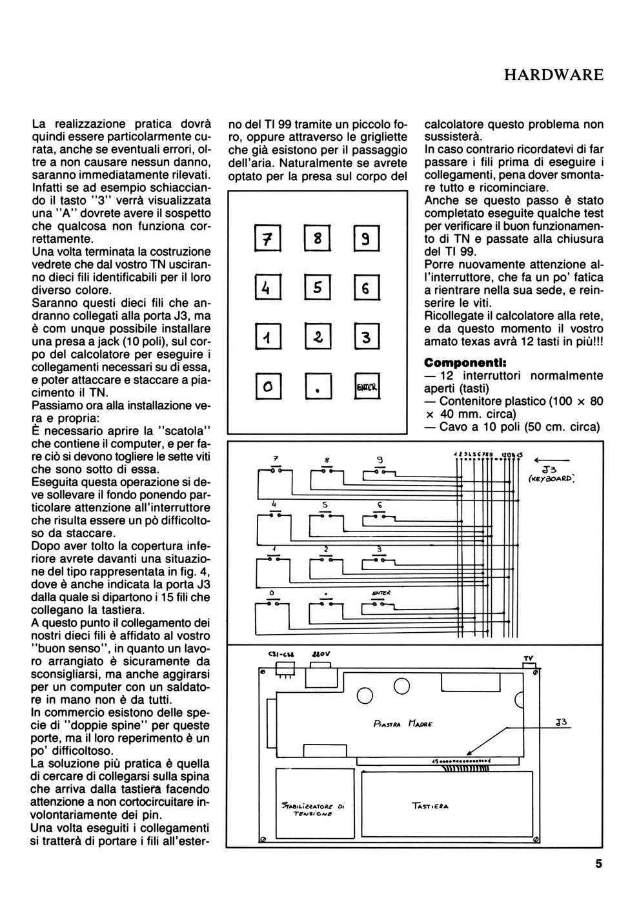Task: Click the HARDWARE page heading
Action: pos(553,75)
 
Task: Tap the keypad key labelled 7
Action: pos(265,241)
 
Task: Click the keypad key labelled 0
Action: pos(265,386)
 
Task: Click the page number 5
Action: pos(598,863)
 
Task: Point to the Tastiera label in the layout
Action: pos(430,805)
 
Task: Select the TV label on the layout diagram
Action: pos(529,658)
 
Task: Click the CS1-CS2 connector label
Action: pos(279,655)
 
